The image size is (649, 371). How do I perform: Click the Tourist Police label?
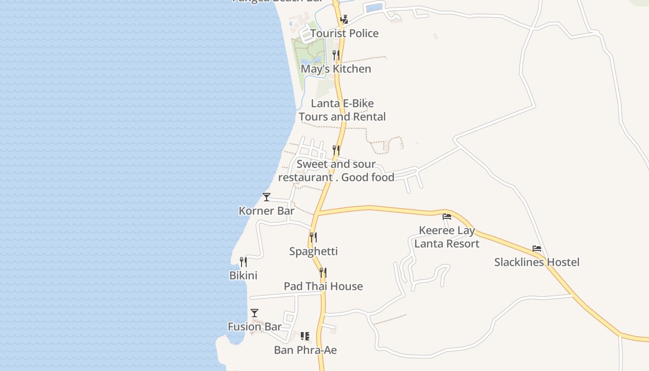coord(344,33)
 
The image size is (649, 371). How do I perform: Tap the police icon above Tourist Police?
coord(344,19)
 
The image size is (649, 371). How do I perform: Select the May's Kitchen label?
coord(336,69)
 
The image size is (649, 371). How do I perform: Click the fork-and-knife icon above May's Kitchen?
coord(336,55)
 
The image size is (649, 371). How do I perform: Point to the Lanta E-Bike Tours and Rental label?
coord(342,110)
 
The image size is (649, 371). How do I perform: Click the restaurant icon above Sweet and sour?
coord(336,150)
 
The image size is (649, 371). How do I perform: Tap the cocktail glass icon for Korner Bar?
coord(267,197)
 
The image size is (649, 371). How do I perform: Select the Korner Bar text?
coord(267,211)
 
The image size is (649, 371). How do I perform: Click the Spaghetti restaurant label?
coord(313,251)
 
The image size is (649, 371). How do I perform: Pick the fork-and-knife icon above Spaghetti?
coord(313,237)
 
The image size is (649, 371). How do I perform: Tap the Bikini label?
coord(243,275)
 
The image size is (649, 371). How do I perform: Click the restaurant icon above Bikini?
coord(243,262)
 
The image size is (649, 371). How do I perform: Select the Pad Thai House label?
coord(323,286)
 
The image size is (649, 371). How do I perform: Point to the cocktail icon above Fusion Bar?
coord(255,313)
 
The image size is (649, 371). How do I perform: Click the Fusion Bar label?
coord(255,327)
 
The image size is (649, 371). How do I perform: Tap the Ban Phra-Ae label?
coord(305,350)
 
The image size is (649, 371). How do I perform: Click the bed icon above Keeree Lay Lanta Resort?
coord(447,216)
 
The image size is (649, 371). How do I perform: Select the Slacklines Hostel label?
coord(537,262)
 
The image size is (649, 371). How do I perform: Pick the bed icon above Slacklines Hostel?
coord(537,249)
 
